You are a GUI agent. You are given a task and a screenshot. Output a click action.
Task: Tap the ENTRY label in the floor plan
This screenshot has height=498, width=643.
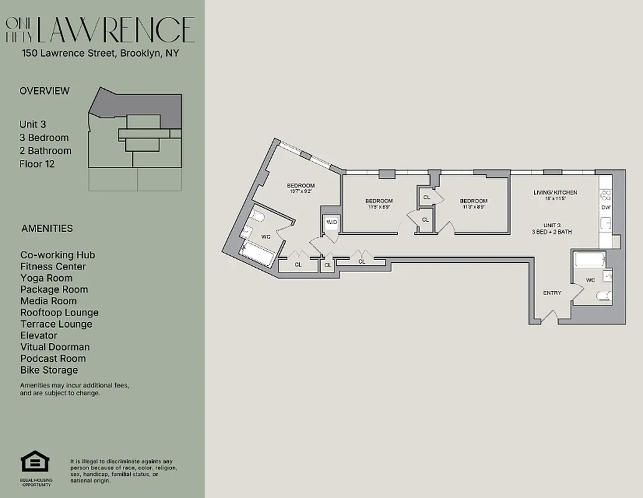click(x=552, y=293)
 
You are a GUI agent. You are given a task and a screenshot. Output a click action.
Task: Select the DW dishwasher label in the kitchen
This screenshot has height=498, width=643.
click(x=606, y=207)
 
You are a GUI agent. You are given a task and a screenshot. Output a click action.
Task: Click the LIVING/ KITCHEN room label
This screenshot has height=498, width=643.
click(x=555, y=193)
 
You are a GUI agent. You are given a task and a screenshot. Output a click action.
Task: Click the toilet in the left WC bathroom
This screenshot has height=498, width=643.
click(x=257, y=217)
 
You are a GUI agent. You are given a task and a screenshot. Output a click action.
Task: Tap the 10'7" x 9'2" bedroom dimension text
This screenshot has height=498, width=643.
click(x=300, y=192)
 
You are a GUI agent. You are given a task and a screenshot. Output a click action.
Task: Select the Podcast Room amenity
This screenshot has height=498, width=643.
click(x=53, y=359)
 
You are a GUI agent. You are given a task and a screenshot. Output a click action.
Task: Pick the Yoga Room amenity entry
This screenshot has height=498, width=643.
click(x=46, y=278)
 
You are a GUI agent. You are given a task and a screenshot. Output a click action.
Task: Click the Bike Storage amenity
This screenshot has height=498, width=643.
click(x=49, y=370)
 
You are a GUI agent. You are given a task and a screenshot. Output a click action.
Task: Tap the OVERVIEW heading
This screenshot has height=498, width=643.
click(x=45, y=91)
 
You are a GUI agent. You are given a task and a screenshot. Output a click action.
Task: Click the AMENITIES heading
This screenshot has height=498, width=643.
click(x=47, y=228)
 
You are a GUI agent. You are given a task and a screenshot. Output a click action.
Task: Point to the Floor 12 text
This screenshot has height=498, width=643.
click(x=37, y=164)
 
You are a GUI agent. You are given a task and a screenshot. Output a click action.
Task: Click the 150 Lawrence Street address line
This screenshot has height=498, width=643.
click(x=100, y=54)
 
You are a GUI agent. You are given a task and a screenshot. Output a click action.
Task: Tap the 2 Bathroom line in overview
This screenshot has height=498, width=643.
click(x=45, y=151)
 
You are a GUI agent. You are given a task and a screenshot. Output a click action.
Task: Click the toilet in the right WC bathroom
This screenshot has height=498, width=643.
click(x=603, y=296)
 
